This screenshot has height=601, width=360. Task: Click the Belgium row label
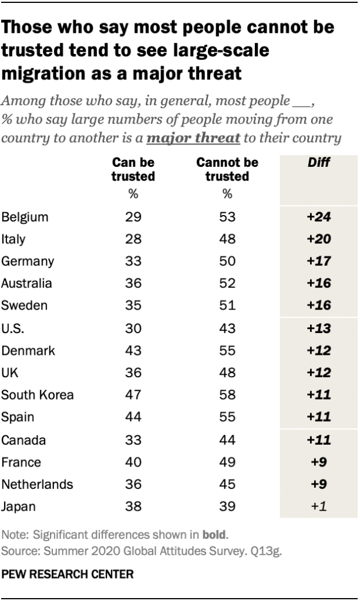point(25,217)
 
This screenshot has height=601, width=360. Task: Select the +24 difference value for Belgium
point(319,217)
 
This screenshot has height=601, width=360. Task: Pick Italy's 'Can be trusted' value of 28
point(133,239)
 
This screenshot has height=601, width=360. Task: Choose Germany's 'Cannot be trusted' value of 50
point(227,261)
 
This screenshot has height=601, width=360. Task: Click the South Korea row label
point(38,394)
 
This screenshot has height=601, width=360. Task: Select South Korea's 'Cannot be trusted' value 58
point(227,394)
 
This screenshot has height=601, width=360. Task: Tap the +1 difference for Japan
point(319,506)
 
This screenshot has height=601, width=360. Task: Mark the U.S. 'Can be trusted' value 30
point(133,328)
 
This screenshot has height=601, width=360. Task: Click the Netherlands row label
point(38,484)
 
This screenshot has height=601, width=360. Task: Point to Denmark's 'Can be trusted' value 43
point(133,350)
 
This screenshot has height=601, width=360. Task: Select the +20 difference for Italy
point(319,239)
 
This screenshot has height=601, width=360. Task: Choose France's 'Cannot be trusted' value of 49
point(227,461)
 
